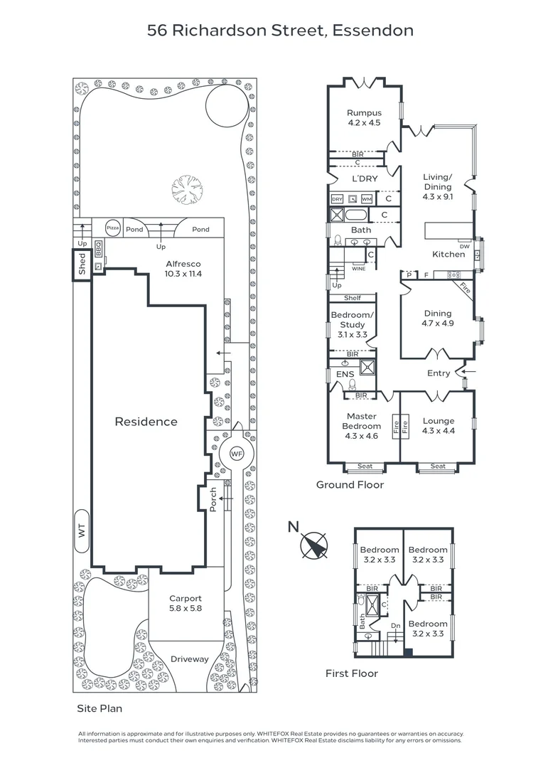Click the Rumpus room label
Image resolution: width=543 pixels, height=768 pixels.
364,117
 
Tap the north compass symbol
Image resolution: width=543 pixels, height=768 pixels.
313,546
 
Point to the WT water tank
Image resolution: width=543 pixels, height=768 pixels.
81,530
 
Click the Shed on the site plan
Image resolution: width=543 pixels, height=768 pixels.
82,264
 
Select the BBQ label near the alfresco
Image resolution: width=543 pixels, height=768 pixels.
99,249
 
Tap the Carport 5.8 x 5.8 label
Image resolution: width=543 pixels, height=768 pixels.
185,603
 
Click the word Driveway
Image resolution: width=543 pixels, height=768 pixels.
189,658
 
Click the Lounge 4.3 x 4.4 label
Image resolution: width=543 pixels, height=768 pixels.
438,425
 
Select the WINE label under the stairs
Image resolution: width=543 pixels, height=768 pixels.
358,270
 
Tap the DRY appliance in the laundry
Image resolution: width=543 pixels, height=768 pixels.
338,199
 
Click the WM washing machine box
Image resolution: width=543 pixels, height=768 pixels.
366,199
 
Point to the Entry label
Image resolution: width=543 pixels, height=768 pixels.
439,373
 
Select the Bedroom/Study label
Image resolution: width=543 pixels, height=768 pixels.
351,324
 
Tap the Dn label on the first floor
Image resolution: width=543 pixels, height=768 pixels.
397,626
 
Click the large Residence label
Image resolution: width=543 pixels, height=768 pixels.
146,422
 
